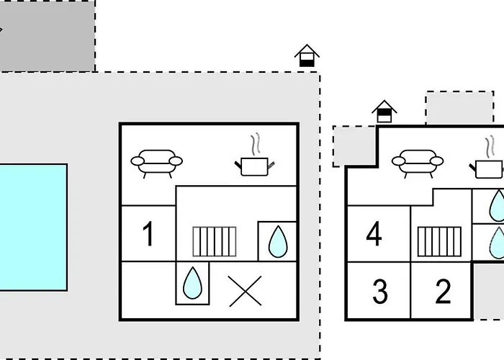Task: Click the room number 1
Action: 148,234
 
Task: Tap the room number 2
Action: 444,292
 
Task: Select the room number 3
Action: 380,292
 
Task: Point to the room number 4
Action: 374,234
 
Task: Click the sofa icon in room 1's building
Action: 156,162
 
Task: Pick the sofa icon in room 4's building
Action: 418,162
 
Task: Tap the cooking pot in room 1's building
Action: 254,166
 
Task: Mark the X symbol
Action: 245,291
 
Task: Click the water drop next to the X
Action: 192,282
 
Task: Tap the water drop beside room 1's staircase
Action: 277,240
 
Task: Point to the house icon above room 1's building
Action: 307,55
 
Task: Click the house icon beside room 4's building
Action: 384,112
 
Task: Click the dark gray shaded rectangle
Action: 47,36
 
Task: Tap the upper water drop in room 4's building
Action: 498,205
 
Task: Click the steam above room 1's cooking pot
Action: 255,144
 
